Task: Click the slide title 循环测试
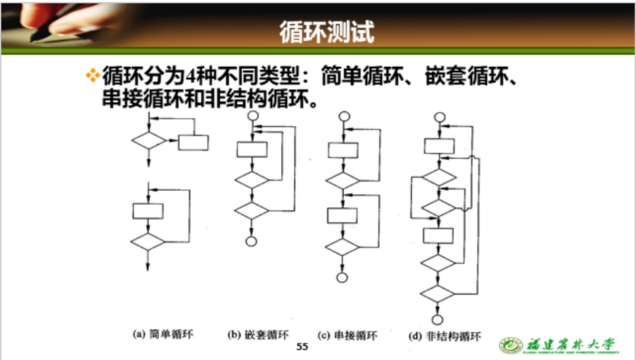(x=327, y=31)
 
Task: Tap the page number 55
(x=302, y=346)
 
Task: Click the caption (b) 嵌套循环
(x=258, y=335)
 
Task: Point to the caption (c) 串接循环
(x=347, y=336)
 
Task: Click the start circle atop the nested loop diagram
(x=251, y=117)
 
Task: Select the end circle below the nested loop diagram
(x=250, y=241)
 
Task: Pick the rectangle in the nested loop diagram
(x=251, y=150)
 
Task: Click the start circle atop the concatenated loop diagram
(x=342, y=117)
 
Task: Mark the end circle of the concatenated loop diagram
(x=342, y=277)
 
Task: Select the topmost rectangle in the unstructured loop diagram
(x=439, y=146)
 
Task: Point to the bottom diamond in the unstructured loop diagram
(x=438, y=293)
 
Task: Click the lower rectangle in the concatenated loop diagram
(x=342, y=215)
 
